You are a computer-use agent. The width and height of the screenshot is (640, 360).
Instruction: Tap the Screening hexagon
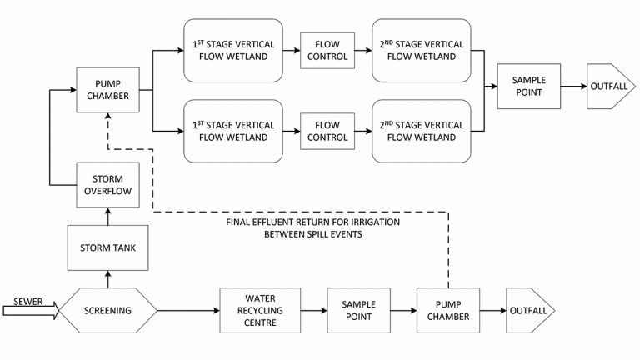coord(107,311)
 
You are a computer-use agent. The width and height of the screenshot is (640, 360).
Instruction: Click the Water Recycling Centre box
coord(259,311)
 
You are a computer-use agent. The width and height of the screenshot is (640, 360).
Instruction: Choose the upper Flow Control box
coord(327,50)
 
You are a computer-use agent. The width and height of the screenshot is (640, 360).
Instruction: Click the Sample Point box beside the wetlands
coord(527,85)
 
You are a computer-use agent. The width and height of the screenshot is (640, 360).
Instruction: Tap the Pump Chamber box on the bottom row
coord(449,311)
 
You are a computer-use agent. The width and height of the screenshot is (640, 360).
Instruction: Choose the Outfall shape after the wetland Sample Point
coord(610,85)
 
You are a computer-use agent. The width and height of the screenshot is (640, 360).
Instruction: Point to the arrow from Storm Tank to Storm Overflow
coord(108,217)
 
